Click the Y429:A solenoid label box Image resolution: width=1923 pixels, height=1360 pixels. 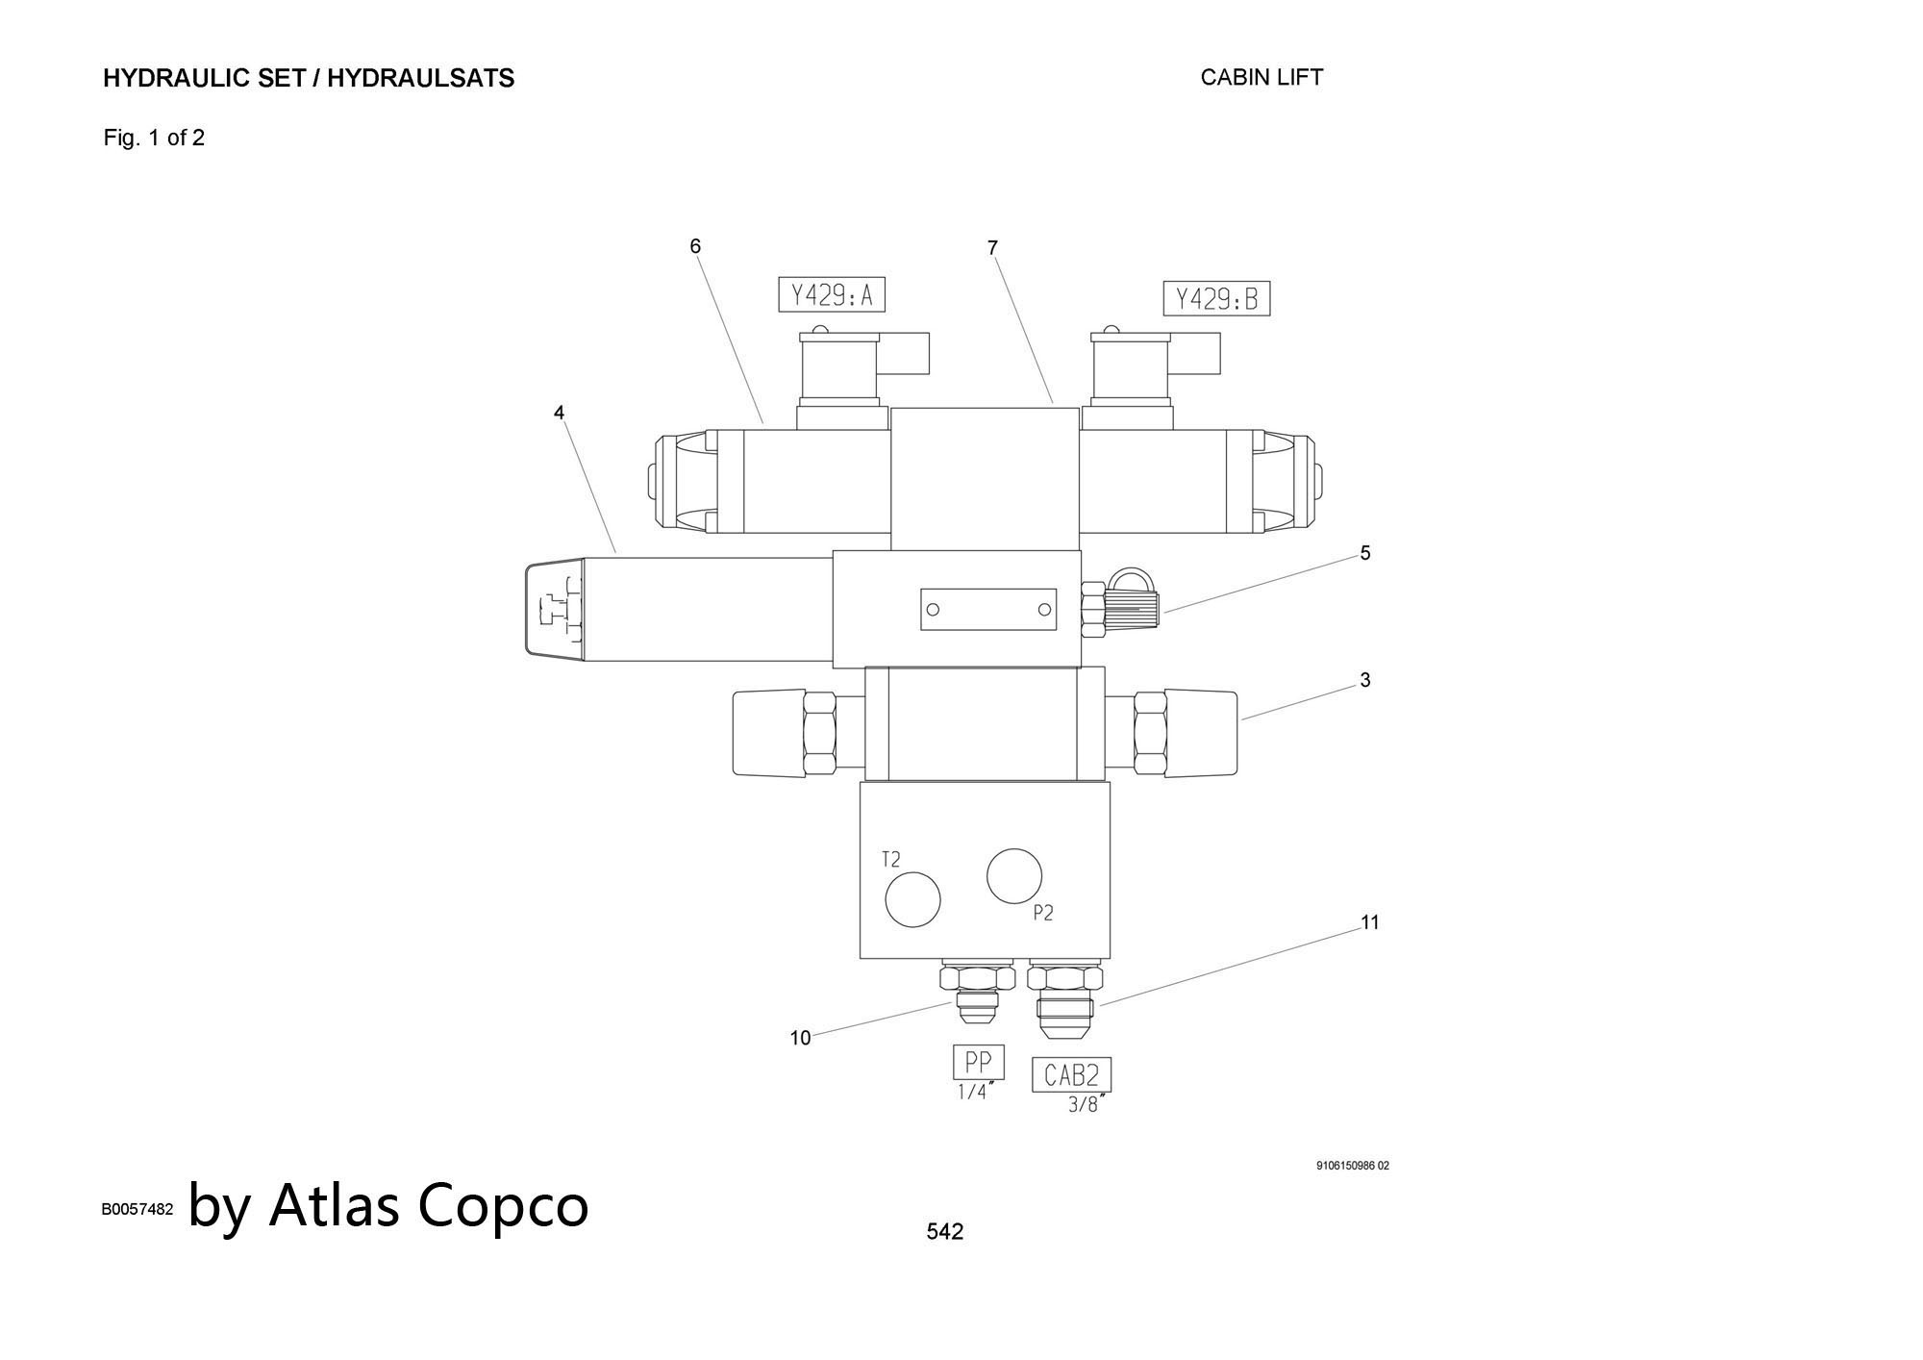click(x=831, y=295)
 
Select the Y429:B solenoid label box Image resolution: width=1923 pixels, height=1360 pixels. click(x=1216, y=299)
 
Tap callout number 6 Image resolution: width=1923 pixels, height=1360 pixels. click(x=695, y=246)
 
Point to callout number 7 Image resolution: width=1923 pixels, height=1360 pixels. click(x=992, y=248)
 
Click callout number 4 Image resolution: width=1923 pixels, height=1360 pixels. click(x=559, y=413)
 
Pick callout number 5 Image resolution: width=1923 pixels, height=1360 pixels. click(x=1364, y=553)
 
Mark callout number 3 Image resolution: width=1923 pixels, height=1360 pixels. click(x=1364, y=680)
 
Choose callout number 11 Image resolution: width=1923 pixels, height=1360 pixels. click(x=1370, y=922)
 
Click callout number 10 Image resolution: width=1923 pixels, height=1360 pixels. click(x=800, y=1038)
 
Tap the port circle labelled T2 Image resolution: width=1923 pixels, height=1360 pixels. click(x=912, y=900)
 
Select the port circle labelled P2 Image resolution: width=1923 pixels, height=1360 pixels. click(x=1014, y=876)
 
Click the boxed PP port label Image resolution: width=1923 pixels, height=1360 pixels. click(x=978, y=1063)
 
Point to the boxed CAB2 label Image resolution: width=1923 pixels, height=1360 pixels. click(x=1071, y=1074)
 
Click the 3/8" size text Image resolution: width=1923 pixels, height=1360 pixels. click(x=1086, y=1105)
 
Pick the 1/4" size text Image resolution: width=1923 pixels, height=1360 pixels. click(x=975, y=1093)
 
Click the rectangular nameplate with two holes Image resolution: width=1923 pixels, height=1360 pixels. click(x=988, y=609)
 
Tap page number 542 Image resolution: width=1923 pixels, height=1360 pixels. click(x=944, y=1231)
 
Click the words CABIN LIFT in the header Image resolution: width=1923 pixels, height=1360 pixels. click(x=1261, y=77)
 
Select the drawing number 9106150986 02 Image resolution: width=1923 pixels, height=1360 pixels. click(x=1352, y=1166)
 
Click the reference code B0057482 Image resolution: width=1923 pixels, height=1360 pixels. click(x=137, y=1209)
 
